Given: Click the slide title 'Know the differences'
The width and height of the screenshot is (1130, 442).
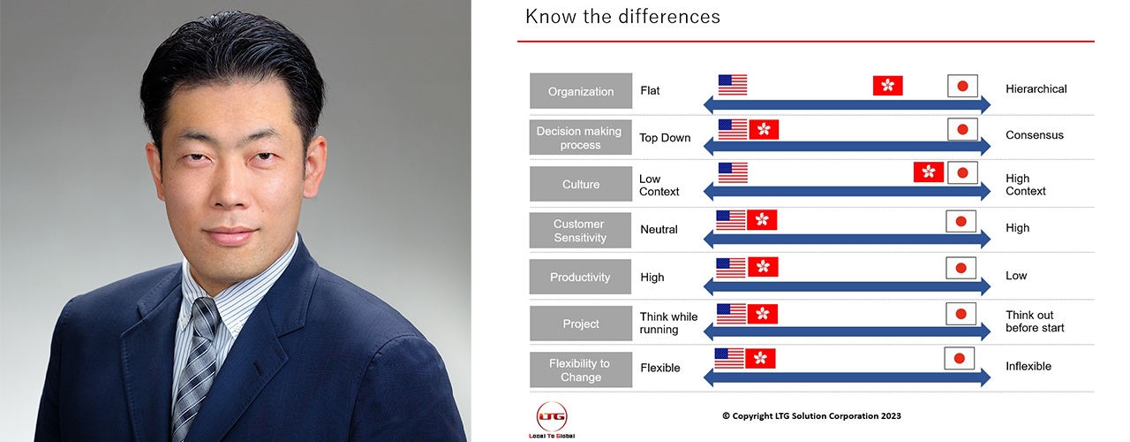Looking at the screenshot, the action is pos(622,17).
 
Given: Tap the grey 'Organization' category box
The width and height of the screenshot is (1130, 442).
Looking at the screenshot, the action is pos(581,91).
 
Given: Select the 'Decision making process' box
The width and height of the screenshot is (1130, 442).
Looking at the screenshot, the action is pos(581,137).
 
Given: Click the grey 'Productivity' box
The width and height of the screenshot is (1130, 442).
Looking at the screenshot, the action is pos(580,277).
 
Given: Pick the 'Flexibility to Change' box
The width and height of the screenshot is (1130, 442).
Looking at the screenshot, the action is pos(581,370).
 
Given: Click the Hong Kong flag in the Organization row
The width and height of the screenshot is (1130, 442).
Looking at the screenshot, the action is pos(888,86).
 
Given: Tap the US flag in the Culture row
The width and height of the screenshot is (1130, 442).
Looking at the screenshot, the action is pos(733,172).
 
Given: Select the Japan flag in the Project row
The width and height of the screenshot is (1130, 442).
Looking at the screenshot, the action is pos(961,314).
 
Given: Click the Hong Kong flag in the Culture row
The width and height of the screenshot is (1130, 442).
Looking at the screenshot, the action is pos(928,172).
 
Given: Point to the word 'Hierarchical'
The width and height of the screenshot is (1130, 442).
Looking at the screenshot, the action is pos(1036,89).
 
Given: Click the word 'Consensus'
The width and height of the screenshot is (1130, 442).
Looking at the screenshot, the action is pos(1034,135).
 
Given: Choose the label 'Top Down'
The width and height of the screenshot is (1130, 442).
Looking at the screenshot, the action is pos(665,138).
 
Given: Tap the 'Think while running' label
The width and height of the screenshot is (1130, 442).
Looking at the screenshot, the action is pos(669,323).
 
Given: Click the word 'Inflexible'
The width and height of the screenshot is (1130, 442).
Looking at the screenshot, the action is pos(1028,366).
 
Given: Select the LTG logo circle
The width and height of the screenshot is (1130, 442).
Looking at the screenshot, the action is pos(552,416).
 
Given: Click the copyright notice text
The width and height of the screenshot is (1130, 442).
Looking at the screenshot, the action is pos(811,415).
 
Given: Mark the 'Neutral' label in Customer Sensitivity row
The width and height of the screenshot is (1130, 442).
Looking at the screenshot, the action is pos(659,229).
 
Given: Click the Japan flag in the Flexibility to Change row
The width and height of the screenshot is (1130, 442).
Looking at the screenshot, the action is pos(960,359).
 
